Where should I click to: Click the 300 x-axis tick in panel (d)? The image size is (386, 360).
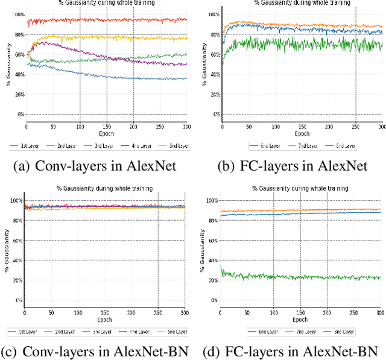pos(380,313)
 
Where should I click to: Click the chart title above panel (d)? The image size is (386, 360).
pos(300,188)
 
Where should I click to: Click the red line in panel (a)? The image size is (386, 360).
pos(109,20)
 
